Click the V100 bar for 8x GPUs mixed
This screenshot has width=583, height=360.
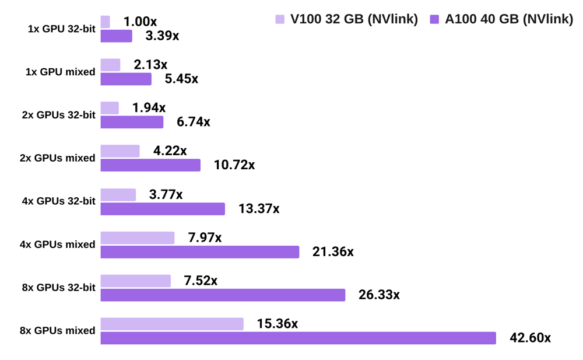click(172, 324)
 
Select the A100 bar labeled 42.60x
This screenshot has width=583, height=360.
click(298, 338)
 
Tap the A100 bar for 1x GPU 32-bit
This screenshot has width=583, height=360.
click(117, 36)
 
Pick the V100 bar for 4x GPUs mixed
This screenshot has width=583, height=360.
click(138, 237)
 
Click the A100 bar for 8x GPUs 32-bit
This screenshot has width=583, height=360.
click(223, 295)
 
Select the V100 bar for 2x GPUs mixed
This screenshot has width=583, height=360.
click(120, 151)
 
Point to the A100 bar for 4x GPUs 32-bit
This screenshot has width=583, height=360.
click(163, 209)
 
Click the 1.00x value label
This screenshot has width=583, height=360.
click(140, 22)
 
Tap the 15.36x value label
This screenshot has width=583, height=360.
click(277, 324)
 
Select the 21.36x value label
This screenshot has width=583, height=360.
click(333, 252)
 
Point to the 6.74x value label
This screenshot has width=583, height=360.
click(193, 123)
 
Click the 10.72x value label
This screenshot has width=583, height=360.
click(234, 166)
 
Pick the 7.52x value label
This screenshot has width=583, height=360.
click(201, 281)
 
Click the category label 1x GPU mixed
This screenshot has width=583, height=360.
click(61, 72)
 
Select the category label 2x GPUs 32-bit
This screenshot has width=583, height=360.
click(58, 116)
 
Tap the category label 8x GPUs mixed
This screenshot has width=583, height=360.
click(57, 331)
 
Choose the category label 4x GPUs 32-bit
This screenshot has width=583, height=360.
click(58, 201)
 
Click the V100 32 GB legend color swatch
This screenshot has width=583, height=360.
click(280, 20)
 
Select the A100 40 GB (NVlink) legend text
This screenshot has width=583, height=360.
click(509, 20)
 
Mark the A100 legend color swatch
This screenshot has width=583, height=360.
click(434, 20)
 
